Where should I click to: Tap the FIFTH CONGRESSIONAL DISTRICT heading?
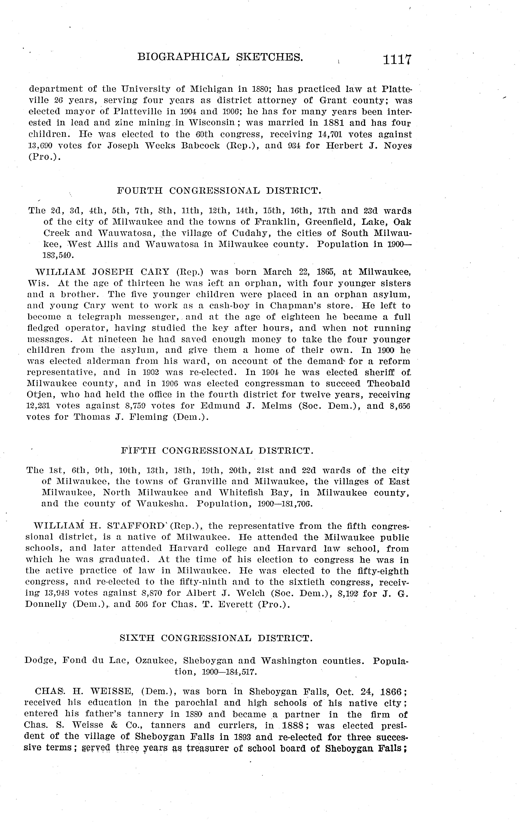pos(217,451)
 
